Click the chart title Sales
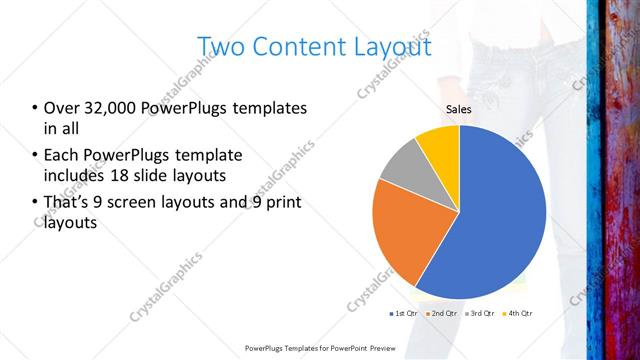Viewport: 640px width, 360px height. [458, 110]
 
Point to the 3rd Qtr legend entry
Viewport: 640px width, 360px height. [481, 314]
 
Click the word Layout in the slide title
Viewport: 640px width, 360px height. [387, 47]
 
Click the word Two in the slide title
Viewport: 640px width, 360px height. [219, 47]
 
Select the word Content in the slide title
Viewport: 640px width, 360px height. [294, 47]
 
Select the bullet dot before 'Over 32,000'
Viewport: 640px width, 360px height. [35, 108]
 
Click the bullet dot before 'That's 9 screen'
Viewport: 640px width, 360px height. [35, 204]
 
